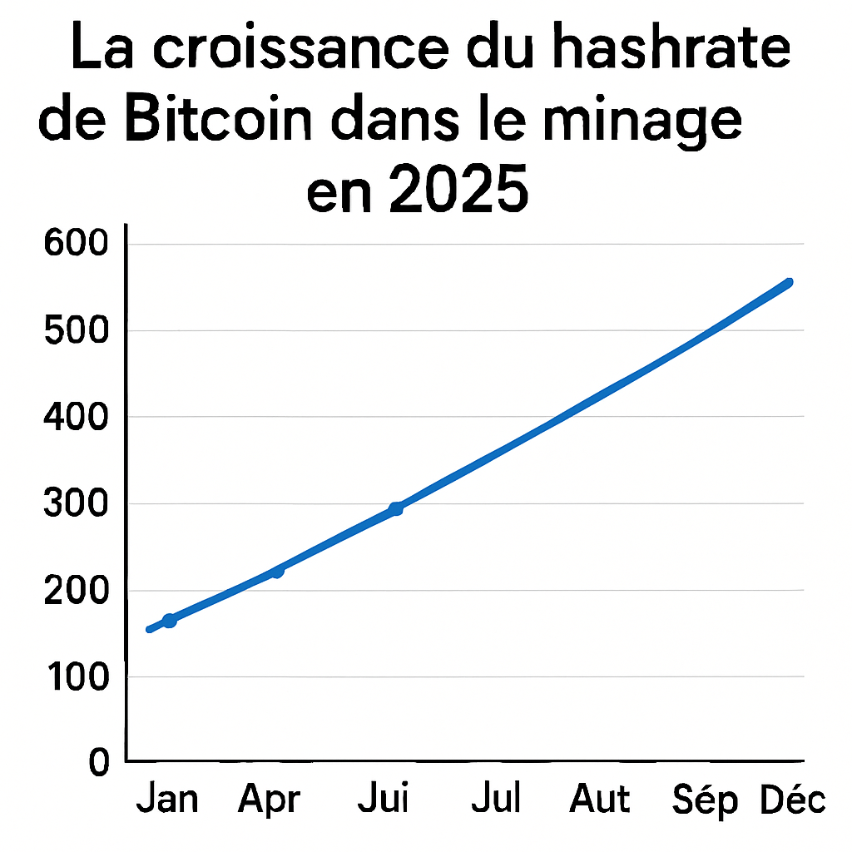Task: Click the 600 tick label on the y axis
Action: coord(74,245)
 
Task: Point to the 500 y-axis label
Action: coord(74,331)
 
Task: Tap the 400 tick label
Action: coord(74,417)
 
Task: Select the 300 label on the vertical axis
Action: coord(74,504)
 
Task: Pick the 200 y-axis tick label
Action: coord(74,591)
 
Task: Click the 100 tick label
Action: coord(74,677)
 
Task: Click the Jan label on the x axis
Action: coord(167,800)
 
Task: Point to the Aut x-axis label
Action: coord(599,800)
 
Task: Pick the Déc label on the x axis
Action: coord(793,800)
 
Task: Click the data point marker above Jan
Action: coord(169,620)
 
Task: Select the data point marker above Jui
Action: coord(396,508)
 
